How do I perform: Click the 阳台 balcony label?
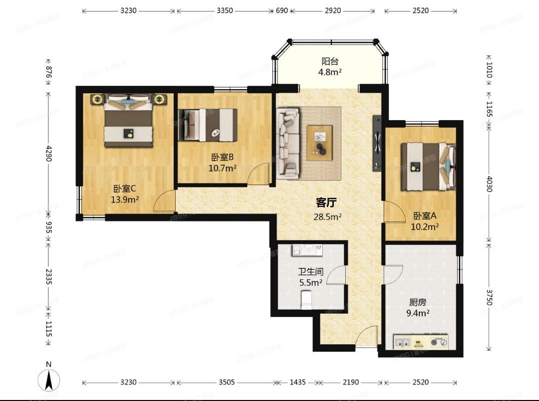330,61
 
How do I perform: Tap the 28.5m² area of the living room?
327,217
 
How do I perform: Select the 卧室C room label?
125,189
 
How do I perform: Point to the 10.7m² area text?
223,169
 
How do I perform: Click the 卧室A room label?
425,216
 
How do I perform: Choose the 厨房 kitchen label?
418,302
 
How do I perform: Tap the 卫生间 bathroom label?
311,272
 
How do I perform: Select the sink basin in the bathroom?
307,250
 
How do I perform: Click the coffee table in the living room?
320,143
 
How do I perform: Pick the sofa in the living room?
288,143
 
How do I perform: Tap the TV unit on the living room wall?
377,143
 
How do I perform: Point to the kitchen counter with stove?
421,342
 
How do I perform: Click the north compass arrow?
49,380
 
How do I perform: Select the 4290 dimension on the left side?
48,153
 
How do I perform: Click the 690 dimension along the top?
281,10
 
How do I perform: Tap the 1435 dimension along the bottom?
297,382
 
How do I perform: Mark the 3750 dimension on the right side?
490,298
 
